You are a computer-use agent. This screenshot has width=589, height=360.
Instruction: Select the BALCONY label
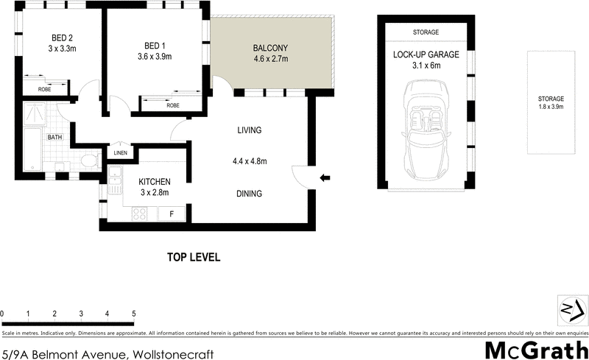click(x=270, y=46)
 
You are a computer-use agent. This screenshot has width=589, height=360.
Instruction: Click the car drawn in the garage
click(x=425, y=133)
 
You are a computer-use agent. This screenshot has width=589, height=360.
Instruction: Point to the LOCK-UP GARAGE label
click(x=425, y=54)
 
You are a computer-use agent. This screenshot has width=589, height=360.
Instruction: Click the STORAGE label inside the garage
click(x=425, y=32)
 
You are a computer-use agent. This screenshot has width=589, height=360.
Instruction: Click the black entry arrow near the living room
click(x=325, y=177)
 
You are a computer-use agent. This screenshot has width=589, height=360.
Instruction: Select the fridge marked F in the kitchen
click(x=172, y=213)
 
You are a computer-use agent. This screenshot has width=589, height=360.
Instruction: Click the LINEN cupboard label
click(x=121, y=153)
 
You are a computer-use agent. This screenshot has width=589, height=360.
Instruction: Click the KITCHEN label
click(x=155, y=182)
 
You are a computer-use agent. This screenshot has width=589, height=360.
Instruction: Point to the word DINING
click(x=250, y=194)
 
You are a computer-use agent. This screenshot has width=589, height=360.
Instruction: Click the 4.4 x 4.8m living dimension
click(x=250, y=162)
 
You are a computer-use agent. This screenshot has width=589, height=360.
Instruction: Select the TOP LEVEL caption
click(x=194, y=258)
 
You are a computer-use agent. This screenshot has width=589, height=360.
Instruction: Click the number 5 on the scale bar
click(x=134, y=314)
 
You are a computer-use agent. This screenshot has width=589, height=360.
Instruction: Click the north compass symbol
click(x=571, y=307)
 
